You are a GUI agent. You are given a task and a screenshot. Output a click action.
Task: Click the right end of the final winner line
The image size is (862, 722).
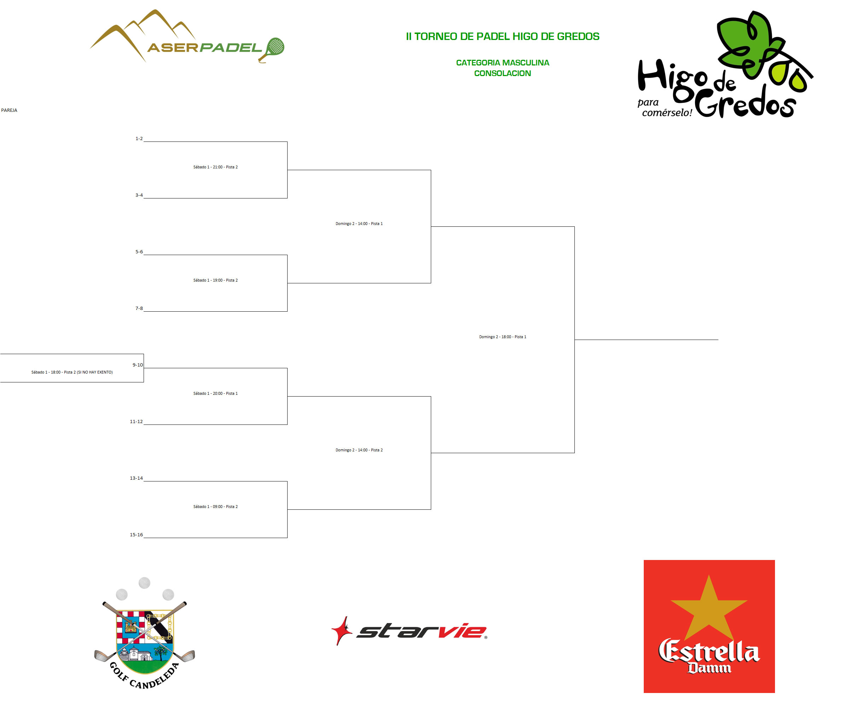718,340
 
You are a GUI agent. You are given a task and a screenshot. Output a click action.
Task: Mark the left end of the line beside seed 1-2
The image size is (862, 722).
144,141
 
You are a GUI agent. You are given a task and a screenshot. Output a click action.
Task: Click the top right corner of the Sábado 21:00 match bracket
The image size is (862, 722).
287,141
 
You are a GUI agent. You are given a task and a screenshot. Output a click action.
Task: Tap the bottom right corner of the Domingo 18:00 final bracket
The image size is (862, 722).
574,453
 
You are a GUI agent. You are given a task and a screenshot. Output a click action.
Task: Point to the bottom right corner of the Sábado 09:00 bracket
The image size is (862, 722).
287,538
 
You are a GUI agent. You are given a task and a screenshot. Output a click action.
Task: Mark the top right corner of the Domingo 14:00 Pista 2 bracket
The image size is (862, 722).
431,396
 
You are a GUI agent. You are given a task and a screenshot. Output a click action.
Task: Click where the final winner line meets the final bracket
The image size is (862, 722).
575,340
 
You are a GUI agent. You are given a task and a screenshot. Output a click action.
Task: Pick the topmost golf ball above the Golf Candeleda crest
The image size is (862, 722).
144,583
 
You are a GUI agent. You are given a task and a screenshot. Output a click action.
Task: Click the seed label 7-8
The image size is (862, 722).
139,308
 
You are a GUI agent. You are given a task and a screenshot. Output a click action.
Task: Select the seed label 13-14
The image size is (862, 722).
136,478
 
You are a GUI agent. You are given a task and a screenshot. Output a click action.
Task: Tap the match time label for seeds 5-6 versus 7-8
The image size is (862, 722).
215,280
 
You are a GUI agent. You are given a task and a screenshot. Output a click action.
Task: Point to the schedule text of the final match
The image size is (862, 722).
502,337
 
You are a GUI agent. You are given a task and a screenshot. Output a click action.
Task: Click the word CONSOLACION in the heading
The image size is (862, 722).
502,74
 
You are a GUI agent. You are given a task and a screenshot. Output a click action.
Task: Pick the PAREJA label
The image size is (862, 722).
9,110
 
